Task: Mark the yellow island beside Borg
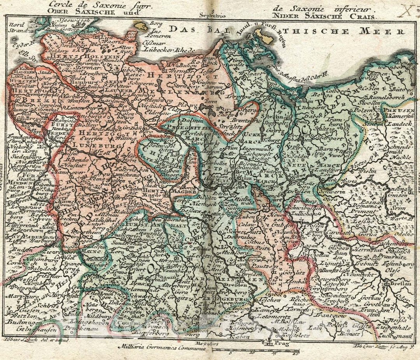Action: click(x=140, y=26)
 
